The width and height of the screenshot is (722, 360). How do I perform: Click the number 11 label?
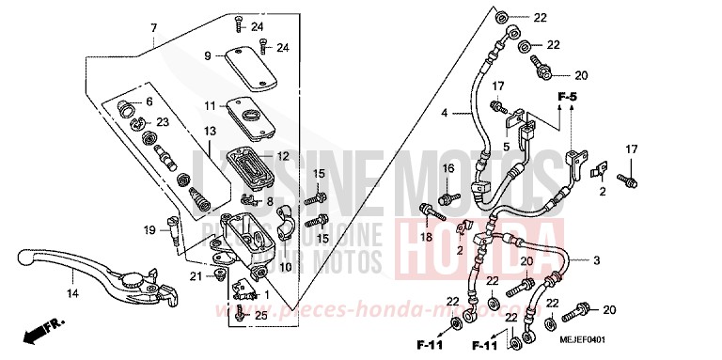coord(211,105)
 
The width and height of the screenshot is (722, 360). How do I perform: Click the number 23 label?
coord(162,122)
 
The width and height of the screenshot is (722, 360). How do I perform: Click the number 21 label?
coord(195,275)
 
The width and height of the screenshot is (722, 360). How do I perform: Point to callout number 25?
coord(260,317)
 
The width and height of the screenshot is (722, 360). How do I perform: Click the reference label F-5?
coord(567,97)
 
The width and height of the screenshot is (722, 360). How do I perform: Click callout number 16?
coord(448,168)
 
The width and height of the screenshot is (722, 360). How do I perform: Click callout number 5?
coord(506,146)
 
